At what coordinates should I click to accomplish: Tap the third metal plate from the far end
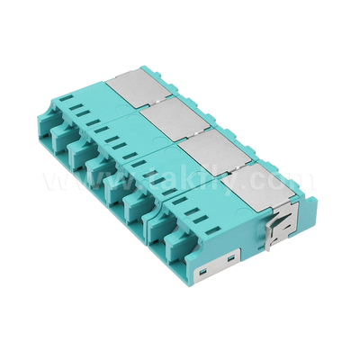click(206, 146)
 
